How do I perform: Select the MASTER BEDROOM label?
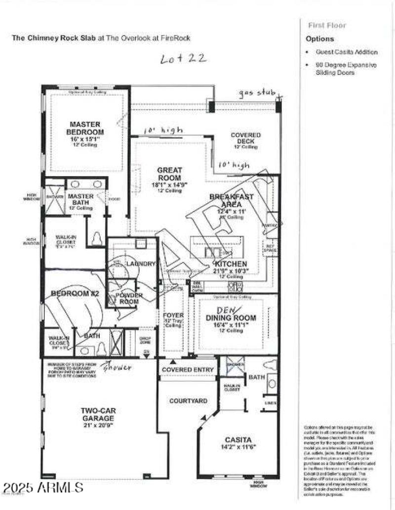(86, 128)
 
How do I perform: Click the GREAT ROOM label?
(169, 174)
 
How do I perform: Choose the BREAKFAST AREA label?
(231, 200)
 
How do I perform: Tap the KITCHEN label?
(231, 264)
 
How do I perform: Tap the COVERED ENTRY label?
(188, 369)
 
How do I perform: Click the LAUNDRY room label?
(141, 264)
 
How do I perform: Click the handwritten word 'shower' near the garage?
(117, 367)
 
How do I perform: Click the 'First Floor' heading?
(327, 25)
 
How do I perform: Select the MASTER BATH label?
(80, 199)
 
